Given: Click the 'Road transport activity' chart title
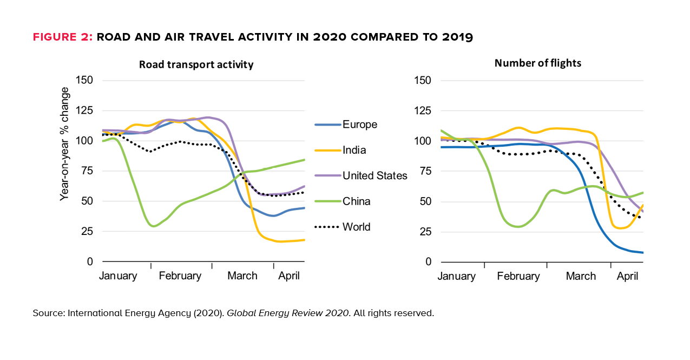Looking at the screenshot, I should [x=196, y=64].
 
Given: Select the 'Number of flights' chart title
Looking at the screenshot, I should [x=537, y=63].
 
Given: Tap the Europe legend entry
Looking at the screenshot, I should [x=359, y=125].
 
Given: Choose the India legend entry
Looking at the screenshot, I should [x=355, y=150].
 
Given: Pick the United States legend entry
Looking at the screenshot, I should [x=374, y=175].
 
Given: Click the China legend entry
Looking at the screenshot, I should [x=357, y=201].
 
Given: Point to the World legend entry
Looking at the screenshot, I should [x=356, y=227].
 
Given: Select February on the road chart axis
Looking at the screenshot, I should [x=180, y=276].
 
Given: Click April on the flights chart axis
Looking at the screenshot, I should [x=628, y=276].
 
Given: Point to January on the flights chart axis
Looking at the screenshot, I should [x=456, y=276].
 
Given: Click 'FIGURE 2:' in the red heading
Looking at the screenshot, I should [x=63, y=37].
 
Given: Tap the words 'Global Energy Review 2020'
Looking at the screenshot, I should [x=287, y=313].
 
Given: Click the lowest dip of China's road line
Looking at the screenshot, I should [x=154, y=226].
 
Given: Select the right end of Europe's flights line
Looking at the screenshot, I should [x=643, y=252].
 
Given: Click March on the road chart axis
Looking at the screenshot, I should [x=242, y=276].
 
